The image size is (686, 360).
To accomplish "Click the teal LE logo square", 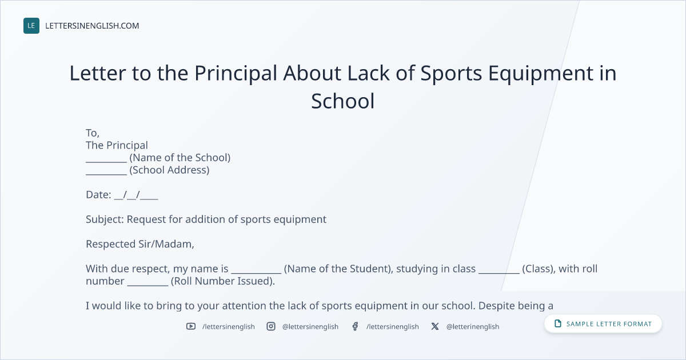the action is (31, 26).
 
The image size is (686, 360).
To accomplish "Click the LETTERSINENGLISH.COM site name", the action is (92, 26).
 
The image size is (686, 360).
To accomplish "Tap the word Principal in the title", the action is (236, 74).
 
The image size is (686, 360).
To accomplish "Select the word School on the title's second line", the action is (342, 101).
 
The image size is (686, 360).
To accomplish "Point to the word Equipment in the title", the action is (541, 74).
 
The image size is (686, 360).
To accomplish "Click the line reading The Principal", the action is (117, 145).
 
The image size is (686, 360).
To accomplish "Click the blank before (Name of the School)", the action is (106, 162).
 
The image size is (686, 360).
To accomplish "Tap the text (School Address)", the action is (169, 170).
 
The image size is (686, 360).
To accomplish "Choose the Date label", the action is (98, 195).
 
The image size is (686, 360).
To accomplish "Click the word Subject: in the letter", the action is (105, 219).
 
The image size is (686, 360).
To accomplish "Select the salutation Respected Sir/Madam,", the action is (140, 244).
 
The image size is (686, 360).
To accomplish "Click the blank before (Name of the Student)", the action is (256, 273).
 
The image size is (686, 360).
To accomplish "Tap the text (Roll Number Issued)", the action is (222, 281).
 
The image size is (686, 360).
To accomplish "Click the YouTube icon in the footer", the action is (191, 326).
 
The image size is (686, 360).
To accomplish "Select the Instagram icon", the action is (271, 326).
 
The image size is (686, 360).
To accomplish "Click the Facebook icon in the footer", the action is (355, 326).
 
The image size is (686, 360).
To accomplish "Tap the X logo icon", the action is (435, 326).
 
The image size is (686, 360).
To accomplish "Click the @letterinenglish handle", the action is (473, 327).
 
